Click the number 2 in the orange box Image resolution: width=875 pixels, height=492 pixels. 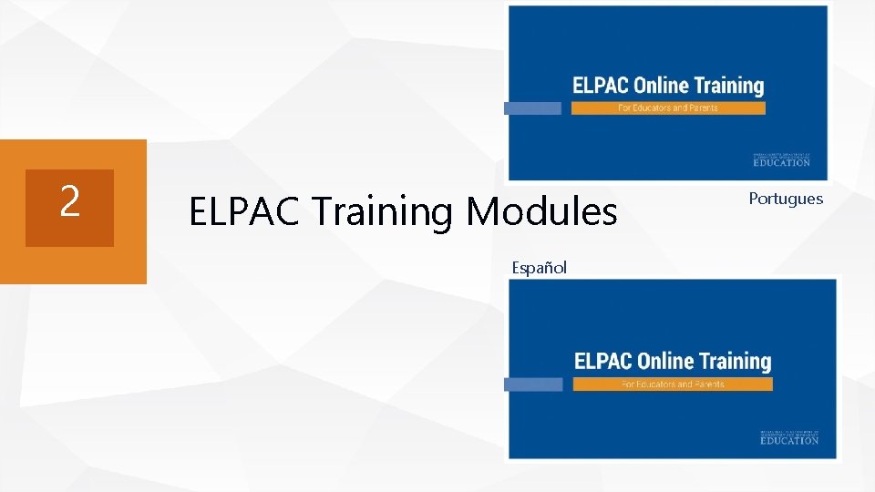coord(69,201)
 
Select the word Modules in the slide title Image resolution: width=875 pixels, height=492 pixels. coord(541,212)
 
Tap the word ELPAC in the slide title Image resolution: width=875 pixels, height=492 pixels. coord(245,212)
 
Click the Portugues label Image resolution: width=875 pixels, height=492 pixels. coord(786,199)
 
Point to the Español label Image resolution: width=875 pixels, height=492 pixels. coord(539,268)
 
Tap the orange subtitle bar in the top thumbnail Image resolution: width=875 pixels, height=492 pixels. coord(668,108)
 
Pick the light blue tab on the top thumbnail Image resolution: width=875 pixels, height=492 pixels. coord(532,108)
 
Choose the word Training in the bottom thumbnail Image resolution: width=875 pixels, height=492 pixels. coord(734,362)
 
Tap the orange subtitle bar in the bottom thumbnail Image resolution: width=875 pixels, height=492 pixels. coord(673,384)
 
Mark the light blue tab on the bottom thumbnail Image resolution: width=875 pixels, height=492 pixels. coord(533,384)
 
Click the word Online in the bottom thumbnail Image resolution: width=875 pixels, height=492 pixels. coord(664,362)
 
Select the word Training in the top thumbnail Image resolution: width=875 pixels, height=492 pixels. coord(728,87)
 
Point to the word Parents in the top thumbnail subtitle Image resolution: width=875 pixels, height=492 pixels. coord(702,108)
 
